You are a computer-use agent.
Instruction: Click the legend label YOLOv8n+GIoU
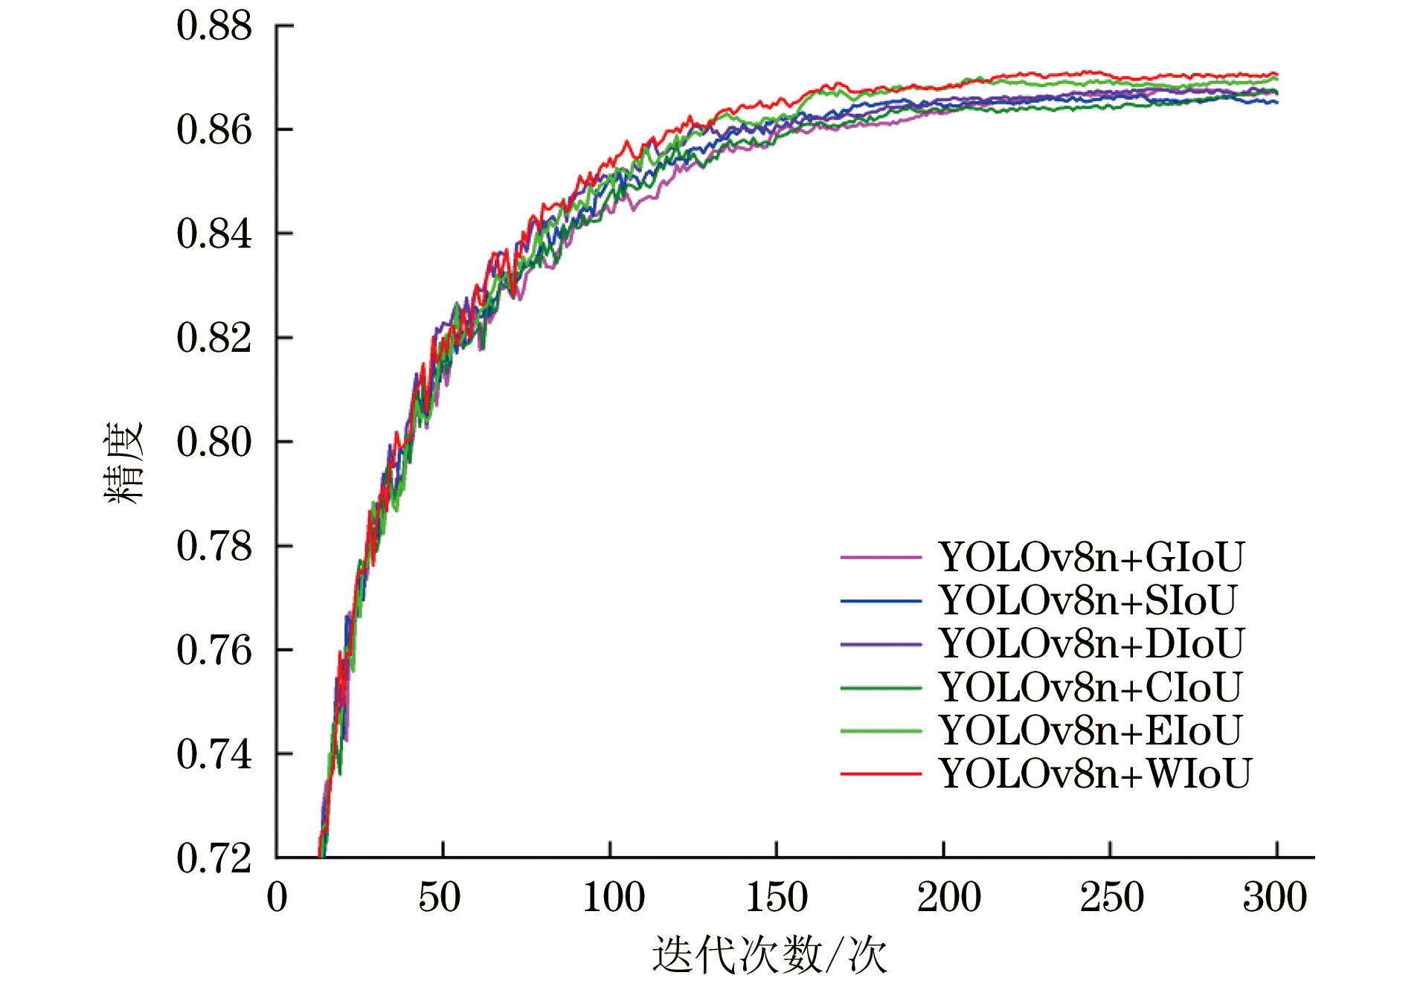1090,557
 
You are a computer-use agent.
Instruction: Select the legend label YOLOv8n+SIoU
1088,600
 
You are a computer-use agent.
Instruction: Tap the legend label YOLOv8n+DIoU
1090,643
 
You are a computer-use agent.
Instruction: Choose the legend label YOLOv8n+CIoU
1090,687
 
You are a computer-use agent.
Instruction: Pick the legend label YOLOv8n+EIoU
1090,730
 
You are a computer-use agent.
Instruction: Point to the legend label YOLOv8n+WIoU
1094,774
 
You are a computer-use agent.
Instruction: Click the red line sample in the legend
881,774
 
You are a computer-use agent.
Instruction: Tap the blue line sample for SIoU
881,601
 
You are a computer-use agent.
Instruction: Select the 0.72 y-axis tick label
214,858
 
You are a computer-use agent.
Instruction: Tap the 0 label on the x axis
277,897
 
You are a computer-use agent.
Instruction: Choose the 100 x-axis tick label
613,897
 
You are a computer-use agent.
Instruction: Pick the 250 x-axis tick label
1111,897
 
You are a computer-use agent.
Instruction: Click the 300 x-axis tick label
1274,897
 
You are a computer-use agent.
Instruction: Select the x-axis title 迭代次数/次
769,955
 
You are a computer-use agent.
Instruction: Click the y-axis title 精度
123,463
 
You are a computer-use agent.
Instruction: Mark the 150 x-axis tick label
777,897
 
